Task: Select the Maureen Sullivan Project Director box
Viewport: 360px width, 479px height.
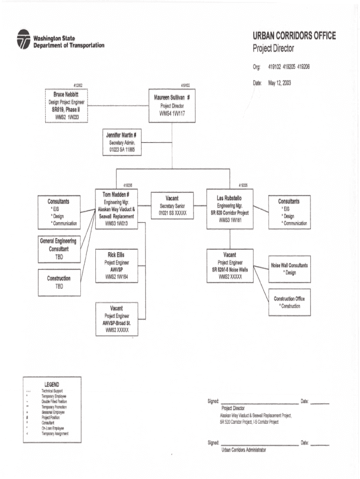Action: click(x=172, y=106)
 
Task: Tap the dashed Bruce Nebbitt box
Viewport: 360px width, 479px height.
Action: click(x=66, y=106)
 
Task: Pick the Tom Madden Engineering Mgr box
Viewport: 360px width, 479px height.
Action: click(x=119, y=209)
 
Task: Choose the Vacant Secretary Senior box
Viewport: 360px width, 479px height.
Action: click(x=172, y=206)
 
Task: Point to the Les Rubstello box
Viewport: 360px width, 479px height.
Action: click(x=229, y=209)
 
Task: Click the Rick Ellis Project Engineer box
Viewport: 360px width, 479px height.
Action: click(x=116, y=266)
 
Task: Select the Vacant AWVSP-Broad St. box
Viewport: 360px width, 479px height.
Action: click(x=116, y=319)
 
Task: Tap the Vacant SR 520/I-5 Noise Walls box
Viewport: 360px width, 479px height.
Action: click(x=230, y=266)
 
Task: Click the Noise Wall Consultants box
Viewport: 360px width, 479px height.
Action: click(x=289, y=269)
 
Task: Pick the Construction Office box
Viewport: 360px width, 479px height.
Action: click(x=289, y=302)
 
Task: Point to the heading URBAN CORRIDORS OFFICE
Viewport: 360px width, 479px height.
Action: click(x=294, y=36)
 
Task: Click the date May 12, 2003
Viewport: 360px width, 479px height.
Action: click(x=279, y=83)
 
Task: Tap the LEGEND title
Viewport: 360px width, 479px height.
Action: click(x=51, y=385)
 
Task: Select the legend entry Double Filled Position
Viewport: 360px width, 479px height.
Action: click(x=54, y=401)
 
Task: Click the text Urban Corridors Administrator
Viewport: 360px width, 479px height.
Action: click(x=244, y=450)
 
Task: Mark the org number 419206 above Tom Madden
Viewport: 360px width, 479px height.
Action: click(x=128, y=185)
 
